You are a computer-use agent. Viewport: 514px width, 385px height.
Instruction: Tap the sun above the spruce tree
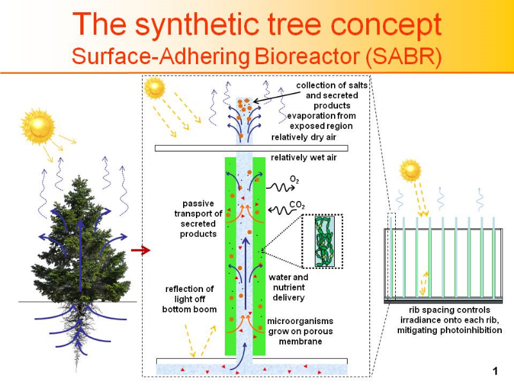(38, 126)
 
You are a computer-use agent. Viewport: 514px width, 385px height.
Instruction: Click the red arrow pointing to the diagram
(141, 250)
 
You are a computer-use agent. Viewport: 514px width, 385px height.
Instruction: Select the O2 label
(294, 180)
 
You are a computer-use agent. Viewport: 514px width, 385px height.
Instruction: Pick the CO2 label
(297, 205)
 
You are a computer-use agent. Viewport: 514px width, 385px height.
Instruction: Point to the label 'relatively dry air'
(303, 137)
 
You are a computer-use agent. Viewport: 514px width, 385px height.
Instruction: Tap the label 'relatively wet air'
(303, 157)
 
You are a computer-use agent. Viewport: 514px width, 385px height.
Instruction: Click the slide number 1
(495, 371)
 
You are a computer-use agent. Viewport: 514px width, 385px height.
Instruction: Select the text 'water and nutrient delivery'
(288, 287)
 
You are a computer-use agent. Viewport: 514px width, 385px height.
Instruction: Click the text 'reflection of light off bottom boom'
(190, 299)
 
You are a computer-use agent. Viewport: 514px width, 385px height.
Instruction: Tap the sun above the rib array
(410, 171)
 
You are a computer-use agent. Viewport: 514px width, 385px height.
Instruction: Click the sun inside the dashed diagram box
(154, 89)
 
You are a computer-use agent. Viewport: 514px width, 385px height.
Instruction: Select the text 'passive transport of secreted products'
(198, 219)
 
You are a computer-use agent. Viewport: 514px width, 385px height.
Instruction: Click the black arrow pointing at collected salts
(277, 98)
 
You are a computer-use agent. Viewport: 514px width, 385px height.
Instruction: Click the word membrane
(300, 341)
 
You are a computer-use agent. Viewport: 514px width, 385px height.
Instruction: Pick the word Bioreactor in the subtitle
(307, 56)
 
